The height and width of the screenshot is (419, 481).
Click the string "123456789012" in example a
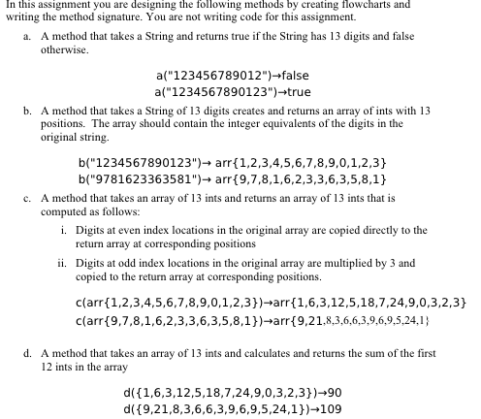coord(208,76)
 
